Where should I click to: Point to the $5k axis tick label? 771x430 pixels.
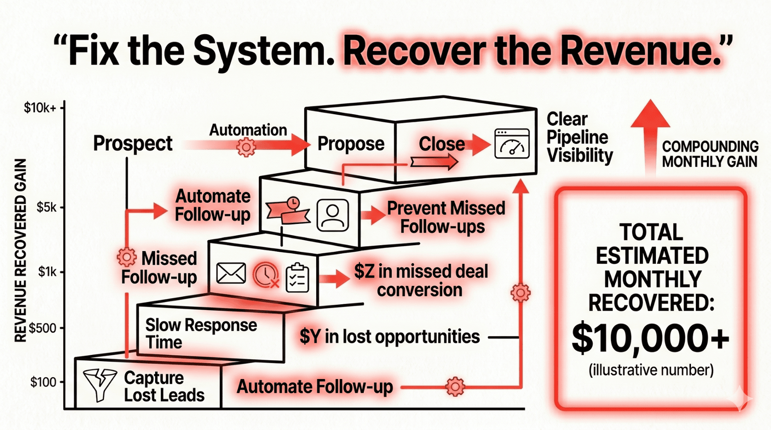[47, 208]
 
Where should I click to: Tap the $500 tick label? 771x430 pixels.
[43, 328]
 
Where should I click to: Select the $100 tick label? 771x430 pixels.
[43, 382]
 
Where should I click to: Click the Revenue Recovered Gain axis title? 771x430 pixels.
[20, 250]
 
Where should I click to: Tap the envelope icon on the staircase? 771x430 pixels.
[231, 274]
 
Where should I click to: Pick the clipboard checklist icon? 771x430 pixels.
[297, 278]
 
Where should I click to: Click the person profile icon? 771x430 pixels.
[332, 215]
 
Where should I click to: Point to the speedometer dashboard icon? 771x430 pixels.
[512, 143]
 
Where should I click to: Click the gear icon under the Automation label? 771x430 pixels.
[246, 147]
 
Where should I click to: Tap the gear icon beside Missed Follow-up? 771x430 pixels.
[127, 257]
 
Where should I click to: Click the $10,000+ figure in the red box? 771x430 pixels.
[650, 339]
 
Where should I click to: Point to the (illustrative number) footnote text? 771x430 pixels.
[651, 370]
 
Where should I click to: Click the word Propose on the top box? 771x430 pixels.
[351, 143]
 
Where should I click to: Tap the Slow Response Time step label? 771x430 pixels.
[201, 333]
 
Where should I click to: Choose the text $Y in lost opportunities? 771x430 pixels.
[389, 337]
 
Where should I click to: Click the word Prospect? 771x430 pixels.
[133, 143]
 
